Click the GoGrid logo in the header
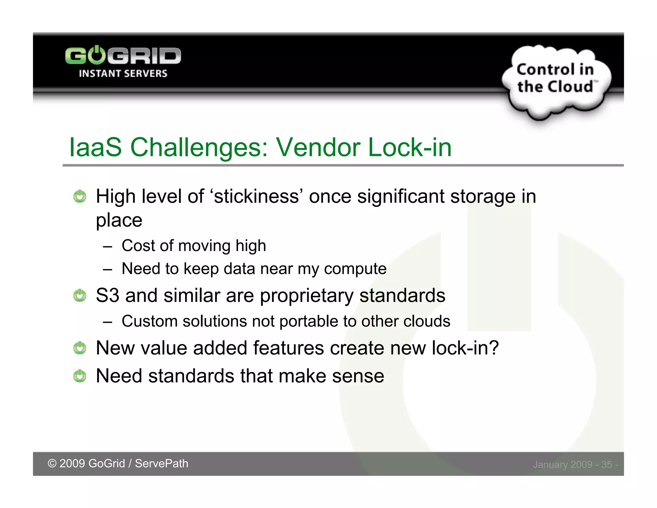(123, 56)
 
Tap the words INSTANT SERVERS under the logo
(123, 74)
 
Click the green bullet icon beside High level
(80, 196)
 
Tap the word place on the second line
(119, 220)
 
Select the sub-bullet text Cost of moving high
(194, 246)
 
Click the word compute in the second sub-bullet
(355, 268)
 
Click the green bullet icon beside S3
(80, 295)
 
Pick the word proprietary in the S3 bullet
(306, 295)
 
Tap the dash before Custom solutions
(108, 321)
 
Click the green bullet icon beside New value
(80, 348)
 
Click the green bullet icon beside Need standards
(80, 376)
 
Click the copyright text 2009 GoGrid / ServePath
(118, 463)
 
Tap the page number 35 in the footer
(606, 464)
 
